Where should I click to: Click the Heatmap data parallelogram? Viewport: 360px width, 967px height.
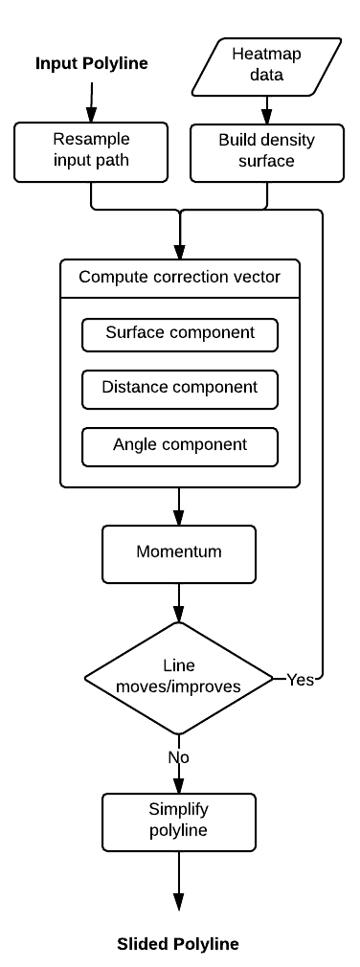click(x=266, y=66)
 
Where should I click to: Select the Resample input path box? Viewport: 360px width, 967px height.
click(x=91, y=151)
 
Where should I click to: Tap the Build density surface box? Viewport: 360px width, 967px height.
click(x=266, y=151)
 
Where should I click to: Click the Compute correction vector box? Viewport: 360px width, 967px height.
click(x=180, y=278)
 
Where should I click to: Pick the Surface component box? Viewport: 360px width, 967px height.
click(x=180, y=334)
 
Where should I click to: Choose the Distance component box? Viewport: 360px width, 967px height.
click(x=180, y=389)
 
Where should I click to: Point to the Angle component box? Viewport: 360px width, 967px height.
click(x=180, y=446)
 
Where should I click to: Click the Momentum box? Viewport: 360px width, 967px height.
click(x=179, y=553)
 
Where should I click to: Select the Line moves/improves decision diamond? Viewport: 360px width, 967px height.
click(x=178, y=678)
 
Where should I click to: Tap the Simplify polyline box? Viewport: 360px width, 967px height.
click(x=179, y=821)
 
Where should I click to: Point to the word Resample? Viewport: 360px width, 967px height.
click(x=91, y=140)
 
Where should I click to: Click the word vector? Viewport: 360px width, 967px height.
click(x=258, y=278)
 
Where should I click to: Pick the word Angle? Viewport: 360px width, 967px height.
click(x=135, y=445)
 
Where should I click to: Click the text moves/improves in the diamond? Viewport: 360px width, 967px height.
click(x=178, y=687)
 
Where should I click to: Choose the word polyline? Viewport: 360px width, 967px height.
click(x=179, y=831)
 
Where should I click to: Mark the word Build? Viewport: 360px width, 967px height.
click(x=237, y=140)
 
